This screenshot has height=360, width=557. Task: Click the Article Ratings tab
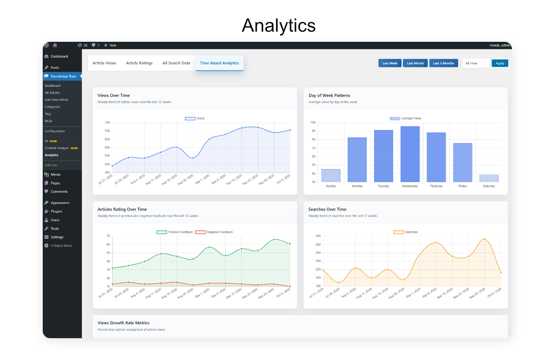tap(139, 63)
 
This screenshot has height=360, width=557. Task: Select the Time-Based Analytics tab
tap(219, 63)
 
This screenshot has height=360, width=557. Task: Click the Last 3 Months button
tap(444, 63)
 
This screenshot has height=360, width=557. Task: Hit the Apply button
tap(500, 63)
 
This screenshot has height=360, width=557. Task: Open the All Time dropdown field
tap(476, 63)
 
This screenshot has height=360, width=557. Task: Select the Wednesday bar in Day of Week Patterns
tap(410, 154)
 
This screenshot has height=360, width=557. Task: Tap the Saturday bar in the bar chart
tap(489, 178)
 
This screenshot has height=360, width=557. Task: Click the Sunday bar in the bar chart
tap(331, 176)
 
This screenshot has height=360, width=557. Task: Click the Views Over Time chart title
tap(114, 96)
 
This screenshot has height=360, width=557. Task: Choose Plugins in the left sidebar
tap(56, 211)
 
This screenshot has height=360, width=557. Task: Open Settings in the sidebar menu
tap(57, 237)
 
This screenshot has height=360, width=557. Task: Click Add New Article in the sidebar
tap(57, 100)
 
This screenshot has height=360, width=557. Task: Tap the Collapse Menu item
tap(61, 246)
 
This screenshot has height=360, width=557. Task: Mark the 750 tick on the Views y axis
tap(107, 123)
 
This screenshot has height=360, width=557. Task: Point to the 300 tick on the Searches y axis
tap(318, 236)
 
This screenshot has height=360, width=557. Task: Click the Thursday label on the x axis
tap(436, 186)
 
